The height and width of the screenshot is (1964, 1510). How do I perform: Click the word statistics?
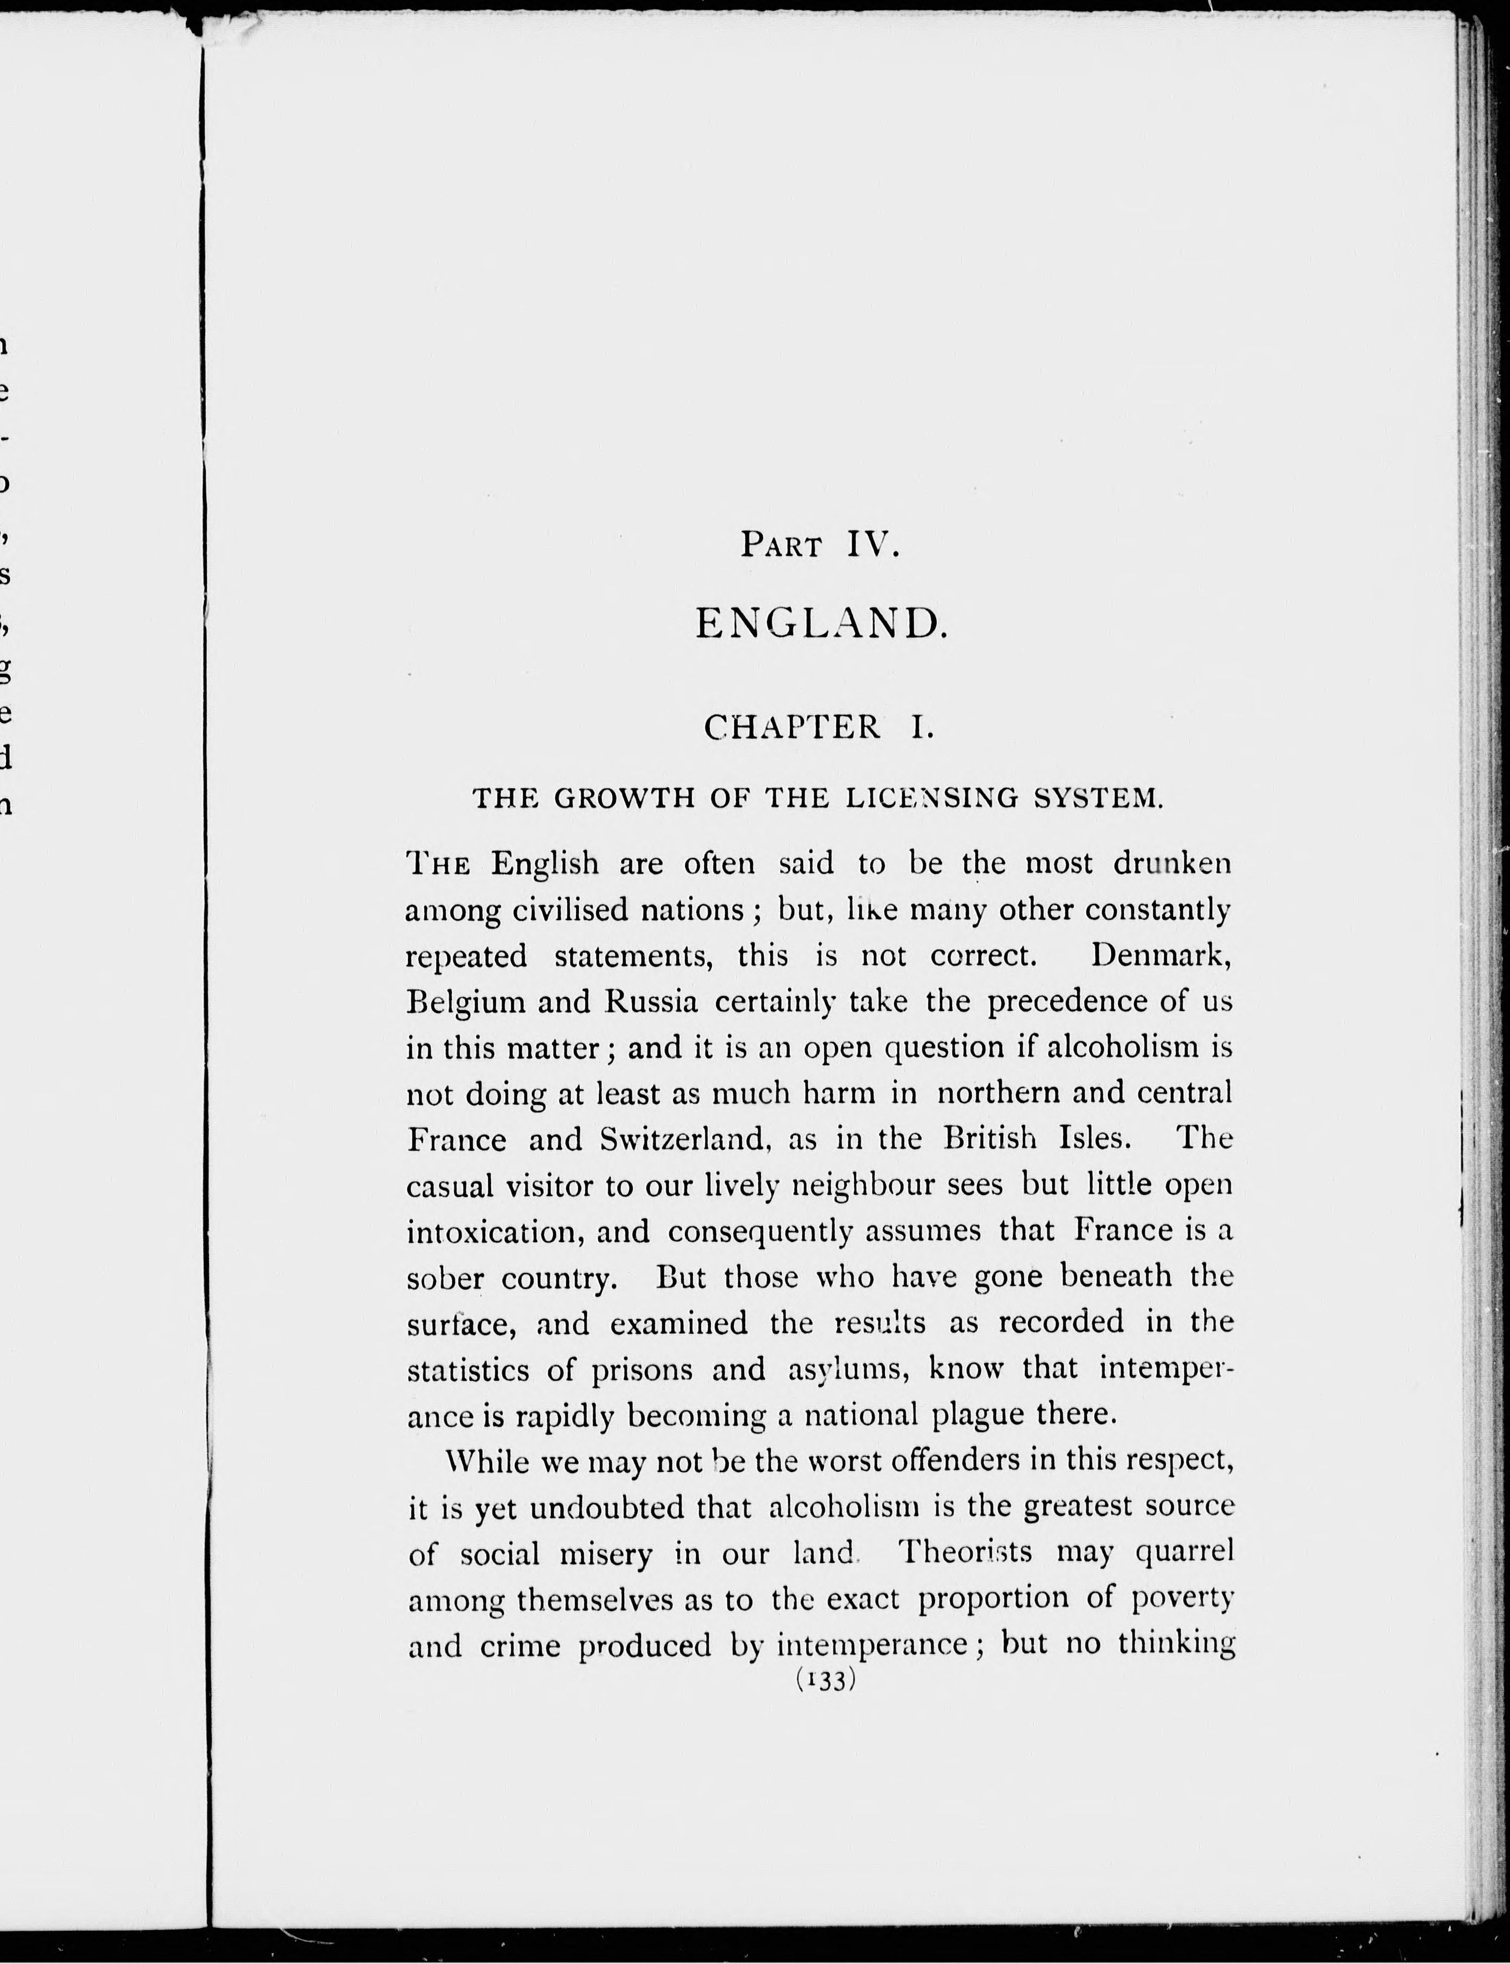[x=469, y=1370]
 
